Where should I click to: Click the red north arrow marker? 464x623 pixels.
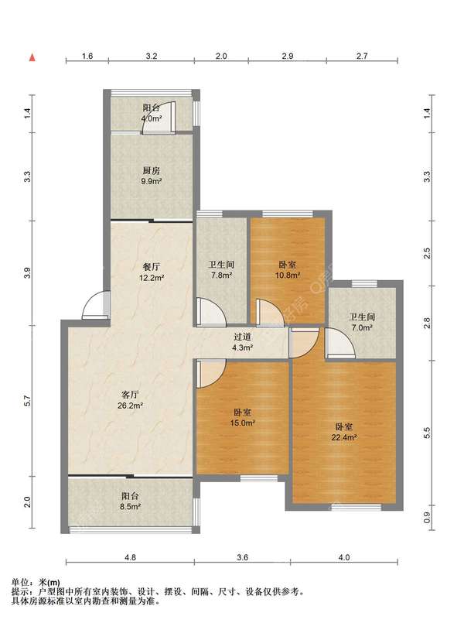pyautogui.click(x=32, y=57)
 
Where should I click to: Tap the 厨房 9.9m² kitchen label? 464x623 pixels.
pyautogui.click(x=152, y=176)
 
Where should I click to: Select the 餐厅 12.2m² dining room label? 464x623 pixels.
pyautogui.click(x=152, y=272)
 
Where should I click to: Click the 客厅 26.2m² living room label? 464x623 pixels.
pyautogui.click(x=130, y=400)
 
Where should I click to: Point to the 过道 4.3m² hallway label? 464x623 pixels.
pyautogui.click(x=243, y=342)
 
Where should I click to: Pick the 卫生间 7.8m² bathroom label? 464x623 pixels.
pyautogui.click(x=221, y=269)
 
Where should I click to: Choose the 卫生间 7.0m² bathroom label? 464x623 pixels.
pyautogui.click(x=362, y=322)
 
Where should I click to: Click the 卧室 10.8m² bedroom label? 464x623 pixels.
pyautogui.click(x=288, y=269)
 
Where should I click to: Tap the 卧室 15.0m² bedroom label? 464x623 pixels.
pyautogui.click(x=242, y=418)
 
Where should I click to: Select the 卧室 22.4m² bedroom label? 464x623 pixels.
pyautogui.click(x=343, y=433)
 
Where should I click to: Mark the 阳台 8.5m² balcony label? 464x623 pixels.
pyautogui.click(x=130, y=501)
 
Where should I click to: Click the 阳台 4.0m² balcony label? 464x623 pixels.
pyautogui.click(x=152, y=113)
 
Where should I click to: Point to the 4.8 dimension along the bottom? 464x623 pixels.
pyautogui.click(x=130, y=557)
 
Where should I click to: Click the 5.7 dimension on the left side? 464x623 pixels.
pyautogui.click(x=27, y=401)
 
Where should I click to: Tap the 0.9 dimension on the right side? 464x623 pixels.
pyautogui.click(x=427, y=517)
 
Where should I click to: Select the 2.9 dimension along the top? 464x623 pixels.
pyautogui.click(x=288, y=56)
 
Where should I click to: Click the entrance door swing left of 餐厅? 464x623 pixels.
pyautogui.click(x=96, y=305)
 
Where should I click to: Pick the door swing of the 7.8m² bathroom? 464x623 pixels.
pyautogui.click(x=211, y=313)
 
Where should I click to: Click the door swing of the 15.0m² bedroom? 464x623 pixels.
pyautogui.click(x=211, y=374)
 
